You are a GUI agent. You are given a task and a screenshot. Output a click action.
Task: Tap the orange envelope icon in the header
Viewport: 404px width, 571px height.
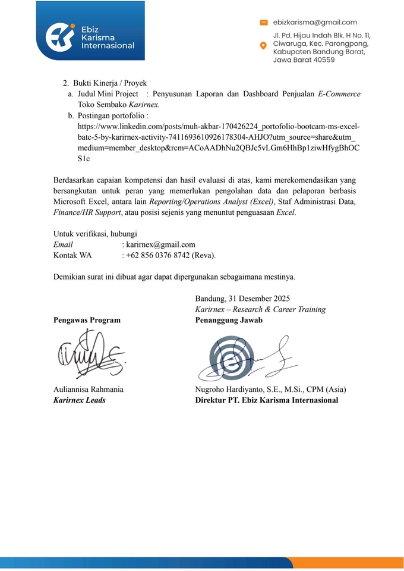coord(264,23)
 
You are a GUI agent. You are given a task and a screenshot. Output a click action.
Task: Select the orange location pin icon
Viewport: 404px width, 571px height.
coord(264,46)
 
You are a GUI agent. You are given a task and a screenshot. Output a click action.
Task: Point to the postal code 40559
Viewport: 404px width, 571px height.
coord(321,59)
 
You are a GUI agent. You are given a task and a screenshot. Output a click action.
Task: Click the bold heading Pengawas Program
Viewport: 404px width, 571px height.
coord(87,320)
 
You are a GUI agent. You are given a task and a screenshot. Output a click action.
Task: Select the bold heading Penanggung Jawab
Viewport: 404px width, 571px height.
coord(229,320)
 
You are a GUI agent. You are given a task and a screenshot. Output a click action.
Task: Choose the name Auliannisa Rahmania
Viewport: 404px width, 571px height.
coord(89,390)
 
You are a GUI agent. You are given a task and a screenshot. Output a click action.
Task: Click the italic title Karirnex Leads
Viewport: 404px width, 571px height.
coord(80,400)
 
